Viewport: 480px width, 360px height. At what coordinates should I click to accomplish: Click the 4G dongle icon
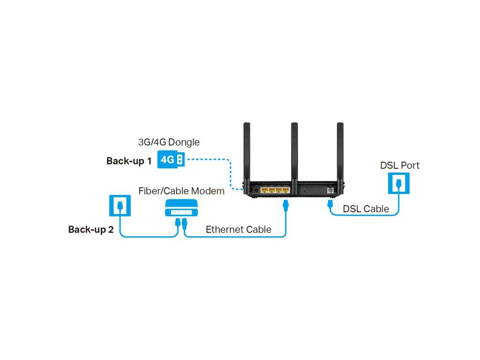coord(171,160)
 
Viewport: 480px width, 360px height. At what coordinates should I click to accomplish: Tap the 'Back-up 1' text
coord(129,161)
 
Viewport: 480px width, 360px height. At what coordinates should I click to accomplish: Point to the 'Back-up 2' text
coord(91,230)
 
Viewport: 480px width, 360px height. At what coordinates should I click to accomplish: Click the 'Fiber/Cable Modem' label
coord(181,191)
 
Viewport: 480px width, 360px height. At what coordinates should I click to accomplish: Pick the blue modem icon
coord(181,207)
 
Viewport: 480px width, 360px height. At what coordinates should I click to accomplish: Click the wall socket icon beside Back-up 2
coord(120,205)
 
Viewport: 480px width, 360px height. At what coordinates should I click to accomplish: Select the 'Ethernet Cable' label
coord(239,230)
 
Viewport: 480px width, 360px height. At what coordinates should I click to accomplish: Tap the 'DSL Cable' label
coord(366,209)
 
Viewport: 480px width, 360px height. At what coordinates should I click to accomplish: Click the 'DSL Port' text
coord(400,165)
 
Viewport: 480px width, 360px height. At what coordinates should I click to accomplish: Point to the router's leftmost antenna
coord(247,150)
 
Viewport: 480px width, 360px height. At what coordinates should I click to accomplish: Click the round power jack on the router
coord(256,190)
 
